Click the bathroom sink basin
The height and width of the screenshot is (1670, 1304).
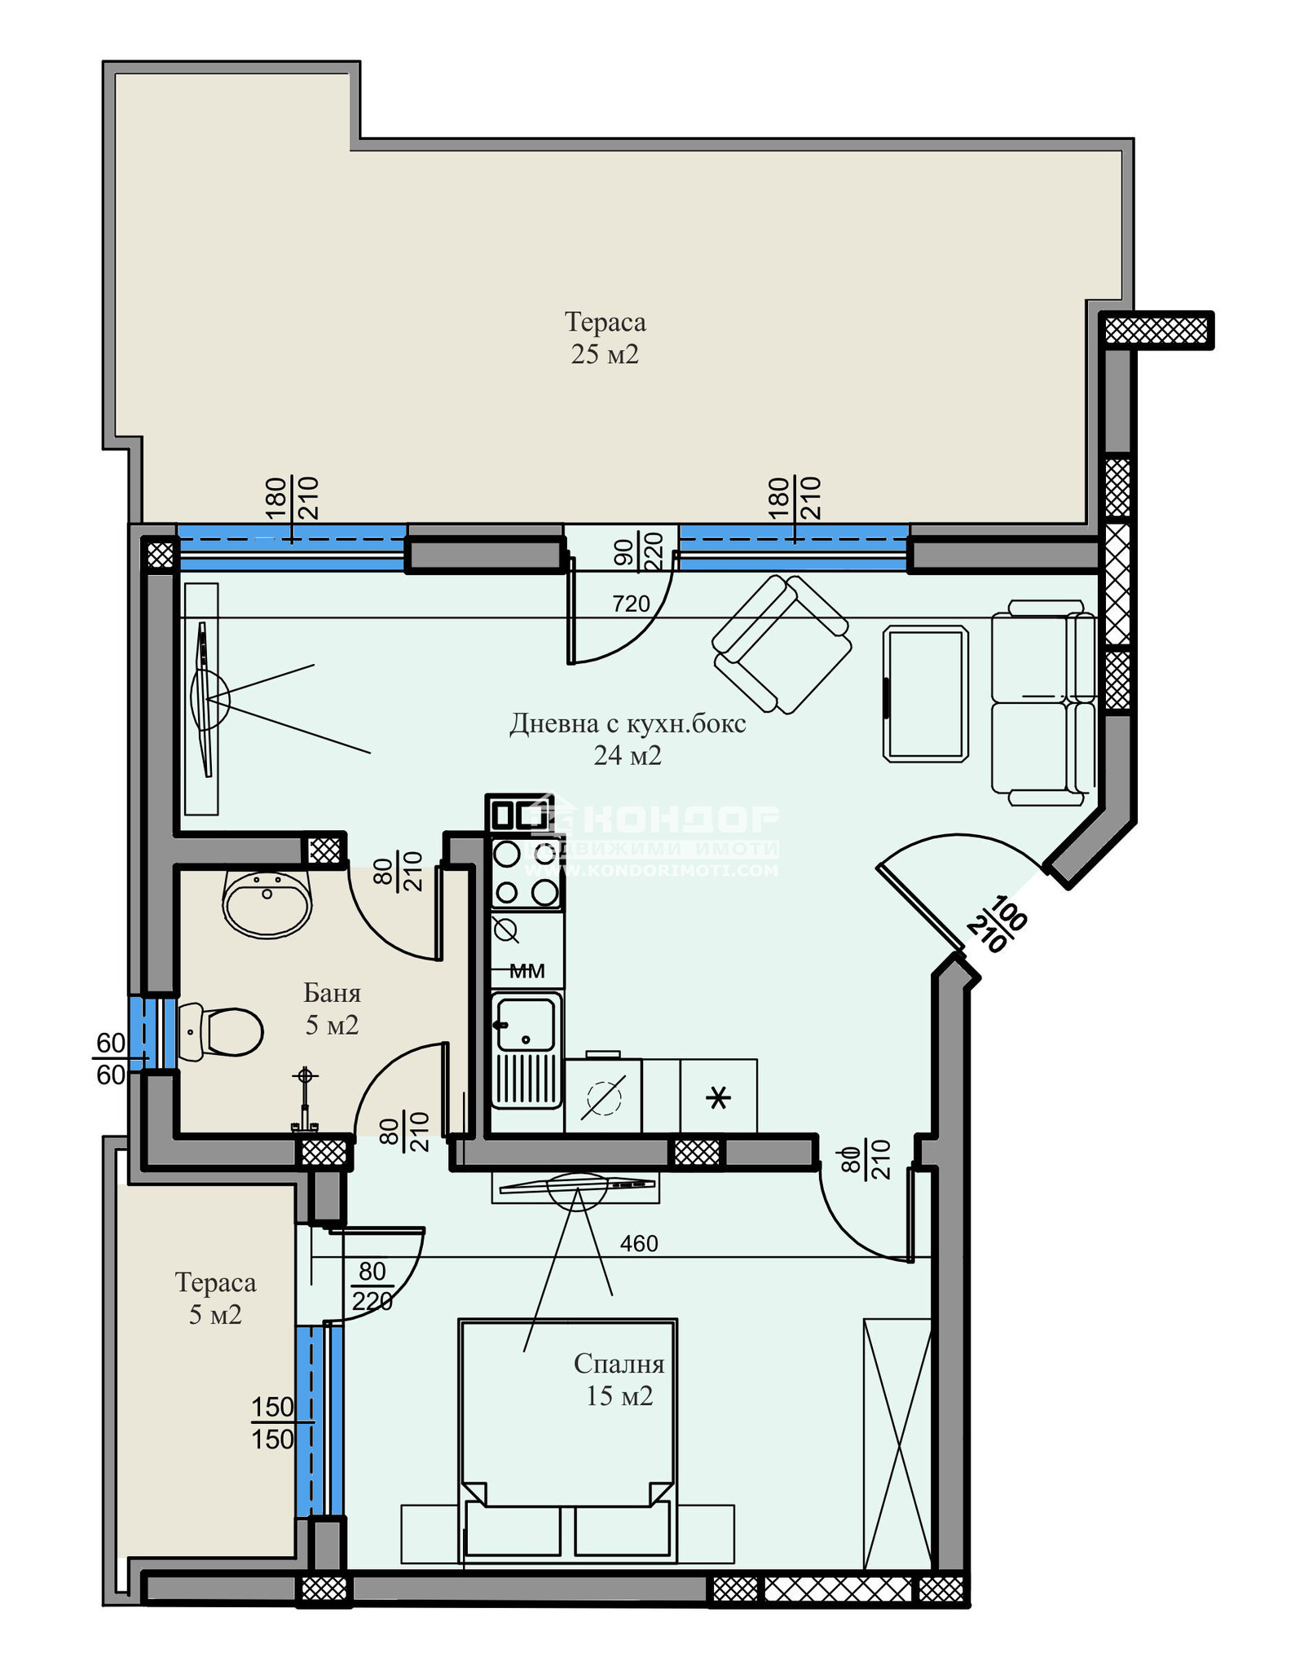pyautogui.click(x=267, y=903)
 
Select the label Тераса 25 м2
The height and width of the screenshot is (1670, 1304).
pyautogui.click(x=605, y=338)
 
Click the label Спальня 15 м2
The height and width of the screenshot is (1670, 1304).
pyautogui.click(x=619, y=1379)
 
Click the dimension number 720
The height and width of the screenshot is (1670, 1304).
pyautogui.click(x=631, y=604)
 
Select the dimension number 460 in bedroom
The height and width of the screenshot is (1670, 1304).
pyautogui.click(x=638, y=1244)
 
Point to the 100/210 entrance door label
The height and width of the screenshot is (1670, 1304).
pyautogui.click(x=998, y=925)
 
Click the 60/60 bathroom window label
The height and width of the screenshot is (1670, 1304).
pyautogui.click(x=111, y=1059)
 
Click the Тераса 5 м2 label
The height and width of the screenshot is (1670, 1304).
pyautogui.click(x=215, y=1299)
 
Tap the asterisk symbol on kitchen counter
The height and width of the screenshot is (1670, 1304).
pyautogui.click(x=718, y=1098)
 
